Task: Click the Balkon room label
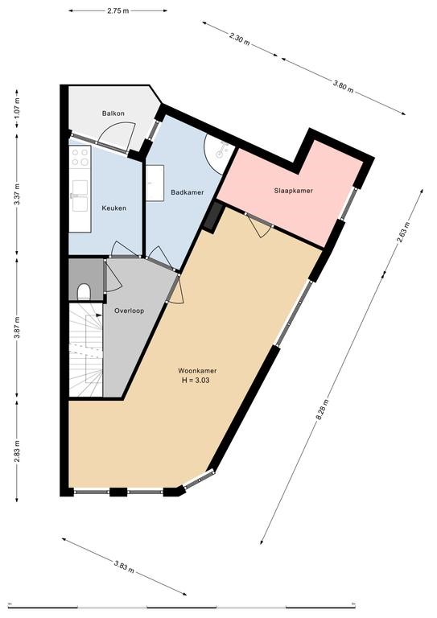(x=113, y=113)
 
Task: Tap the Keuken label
(x=114, y=208)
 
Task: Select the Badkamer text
(x=188, y=192)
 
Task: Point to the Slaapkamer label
(x=294, y=191)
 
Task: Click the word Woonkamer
(x=197, y=371)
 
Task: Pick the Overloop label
(x=130, y=311)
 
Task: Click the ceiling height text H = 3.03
(x=196, y=381)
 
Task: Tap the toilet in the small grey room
(x=84, y=292)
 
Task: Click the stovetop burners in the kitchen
(x=80, y=156)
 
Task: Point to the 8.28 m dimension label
(x=322, y=410)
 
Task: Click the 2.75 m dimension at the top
(x=117, y=10)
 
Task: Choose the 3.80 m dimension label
(x=343, y=85)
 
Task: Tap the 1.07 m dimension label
(x=17, y=109)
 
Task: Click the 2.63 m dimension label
(x=403, y=233)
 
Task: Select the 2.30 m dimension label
(x=240, y=39)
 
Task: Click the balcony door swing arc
(x=117, y=134)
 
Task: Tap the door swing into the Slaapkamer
(x=259, y=225)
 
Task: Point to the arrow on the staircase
(x=97, y=315)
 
